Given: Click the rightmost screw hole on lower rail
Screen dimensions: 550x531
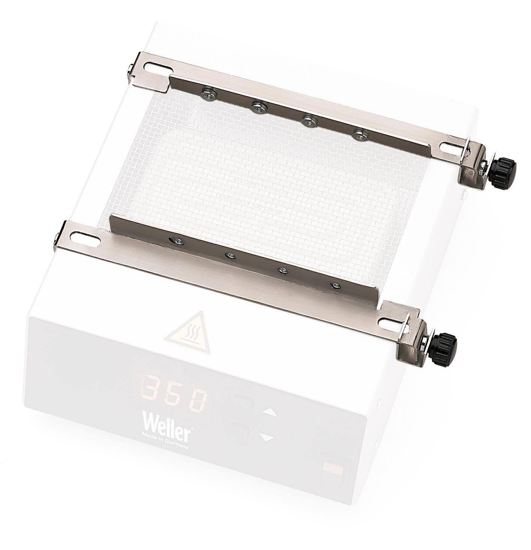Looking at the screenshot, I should [333, 285].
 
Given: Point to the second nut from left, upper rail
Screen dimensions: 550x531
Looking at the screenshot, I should [257, 107].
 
